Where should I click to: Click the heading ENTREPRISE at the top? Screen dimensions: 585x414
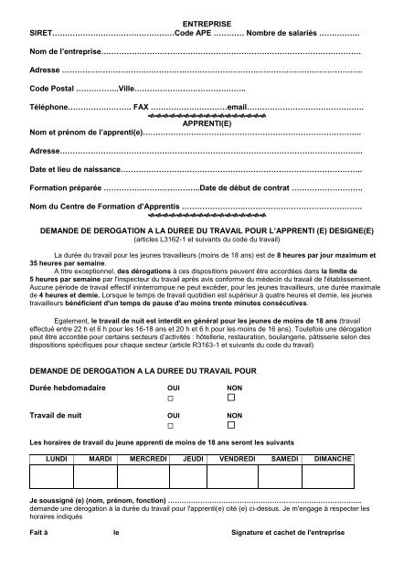[206, 19]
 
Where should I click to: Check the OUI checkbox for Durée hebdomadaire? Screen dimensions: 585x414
[169, 399]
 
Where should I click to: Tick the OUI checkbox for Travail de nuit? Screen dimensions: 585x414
[169, 426]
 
